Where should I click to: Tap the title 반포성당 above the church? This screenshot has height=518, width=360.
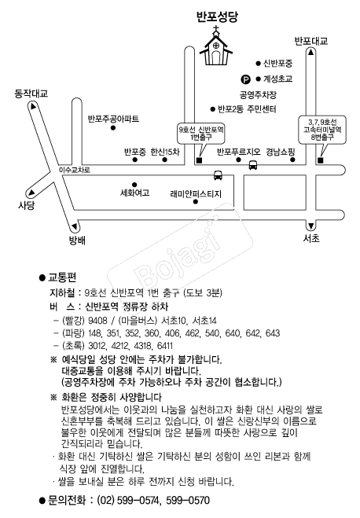pos(217,17)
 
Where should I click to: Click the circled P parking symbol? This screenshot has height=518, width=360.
pos(245,79)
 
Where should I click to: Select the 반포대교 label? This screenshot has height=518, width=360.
pos(310,41)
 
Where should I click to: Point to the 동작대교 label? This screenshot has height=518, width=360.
pos(31,94)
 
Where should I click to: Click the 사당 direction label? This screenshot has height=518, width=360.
pos(26,205)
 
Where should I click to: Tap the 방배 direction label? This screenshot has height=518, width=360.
pos(77,241)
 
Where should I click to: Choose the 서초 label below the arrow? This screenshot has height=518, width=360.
pos(311,238)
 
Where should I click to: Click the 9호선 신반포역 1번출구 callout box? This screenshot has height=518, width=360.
pos(201,134)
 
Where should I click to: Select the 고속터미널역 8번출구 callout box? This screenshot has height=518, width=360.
pos(322,130)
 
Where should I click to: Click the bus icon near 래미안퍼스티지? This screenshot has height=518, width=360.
pos(218,175)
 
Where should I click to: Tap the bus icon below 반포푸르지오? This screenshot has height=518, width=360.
pos(253,165)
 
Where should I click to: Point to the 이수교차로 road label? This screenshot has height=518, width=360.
pos(75,170)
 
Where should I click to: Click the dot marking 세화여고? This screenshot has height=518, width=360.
pos(134,185)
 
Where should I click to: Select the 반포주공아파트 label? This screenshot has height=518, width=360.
pos(113,118)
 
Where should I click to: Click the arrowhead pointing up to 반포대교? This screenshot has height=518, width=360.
pos(310,52)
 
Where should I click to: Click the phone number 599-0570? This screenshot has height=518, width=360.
pos(188,500)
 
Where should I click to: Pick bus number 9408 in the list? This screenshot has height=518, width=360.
pos(97,321)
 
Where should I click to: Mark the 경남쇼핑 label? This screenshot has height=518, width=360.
pos(281,152)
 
